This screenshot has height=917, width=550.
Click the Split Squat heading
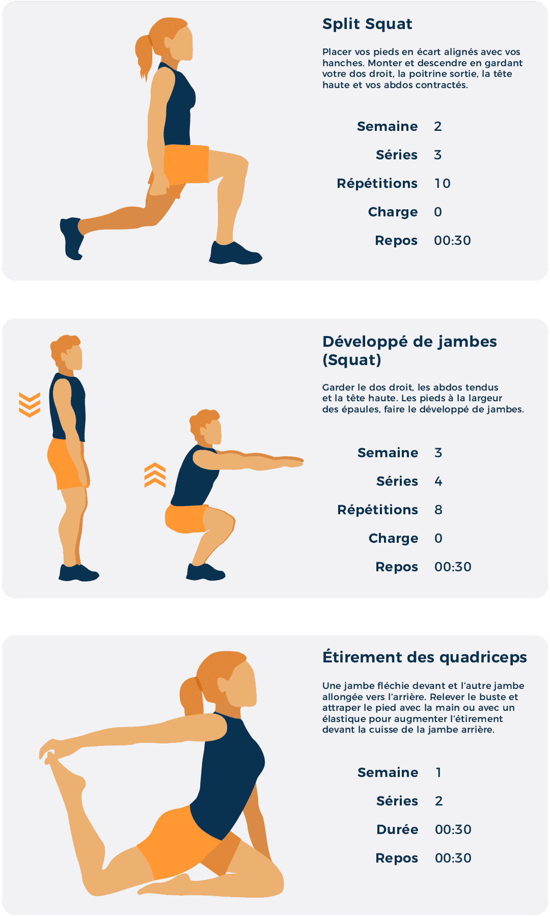[367, 24]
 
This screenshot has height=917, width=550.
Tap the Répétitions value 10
[442, 183]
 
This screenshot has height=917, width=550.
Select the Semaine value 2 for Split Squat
[438, 126]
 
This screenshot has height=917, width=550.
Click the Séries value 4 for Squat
[438, 481]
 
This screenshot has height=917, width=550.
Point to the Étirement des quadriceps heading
[425, 657]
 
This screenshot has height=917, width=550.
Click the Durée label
[397, 829]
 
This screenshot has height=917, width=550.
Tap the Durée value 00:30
[453, 829]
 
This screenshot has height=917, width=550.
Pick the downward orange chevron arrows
[30, 405]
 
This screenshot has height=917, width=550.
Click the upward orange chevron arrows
[155, 475]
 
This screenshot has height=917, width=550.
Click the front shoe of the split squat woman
[235, 253]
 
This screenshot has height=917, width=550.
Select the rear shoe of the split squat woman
[72, 238]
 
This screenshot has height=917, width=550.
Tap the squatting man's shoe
[205, 572]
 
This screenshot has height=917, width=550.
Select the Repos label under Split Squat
[396, 241]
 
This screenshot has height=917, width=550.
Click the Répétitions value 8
[438, 510]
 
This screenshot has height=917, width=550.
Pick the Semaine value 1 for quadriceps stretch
[438, 772]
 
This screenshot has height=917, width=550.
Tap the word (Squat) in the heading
[352, 360]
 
